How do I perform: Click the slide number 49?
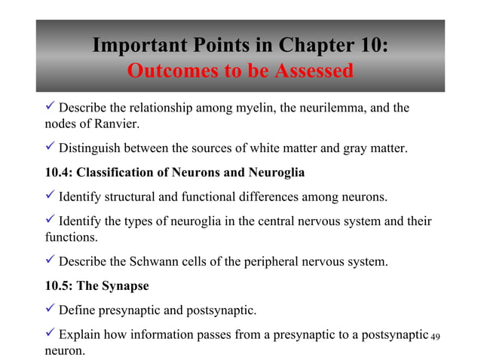tap(434, 335)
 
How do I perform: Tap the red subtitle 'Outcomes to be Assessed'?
tap(240, 72)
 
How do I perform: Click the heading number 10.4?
tap(60, 173)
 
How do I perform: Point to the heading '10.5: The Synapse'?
tap(97, 286)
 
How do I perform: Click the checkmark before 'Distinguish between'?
tap(50, 147)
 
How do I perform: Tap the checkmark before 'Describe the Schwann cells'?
tap(50, 261)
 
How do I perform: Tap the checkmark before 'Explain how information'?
tap(50, 333)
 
